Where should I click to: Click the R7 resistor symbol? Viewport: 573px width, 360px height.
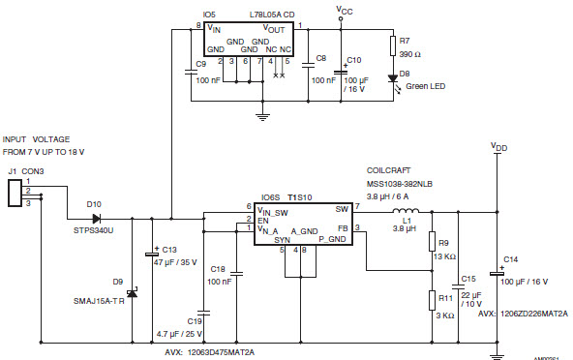click(393, 45)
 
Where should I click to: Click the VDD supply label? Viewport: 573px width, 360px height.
click(499, 148)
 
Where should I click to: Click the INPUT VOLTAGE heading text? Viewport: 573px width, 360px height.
click(43, 139)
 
